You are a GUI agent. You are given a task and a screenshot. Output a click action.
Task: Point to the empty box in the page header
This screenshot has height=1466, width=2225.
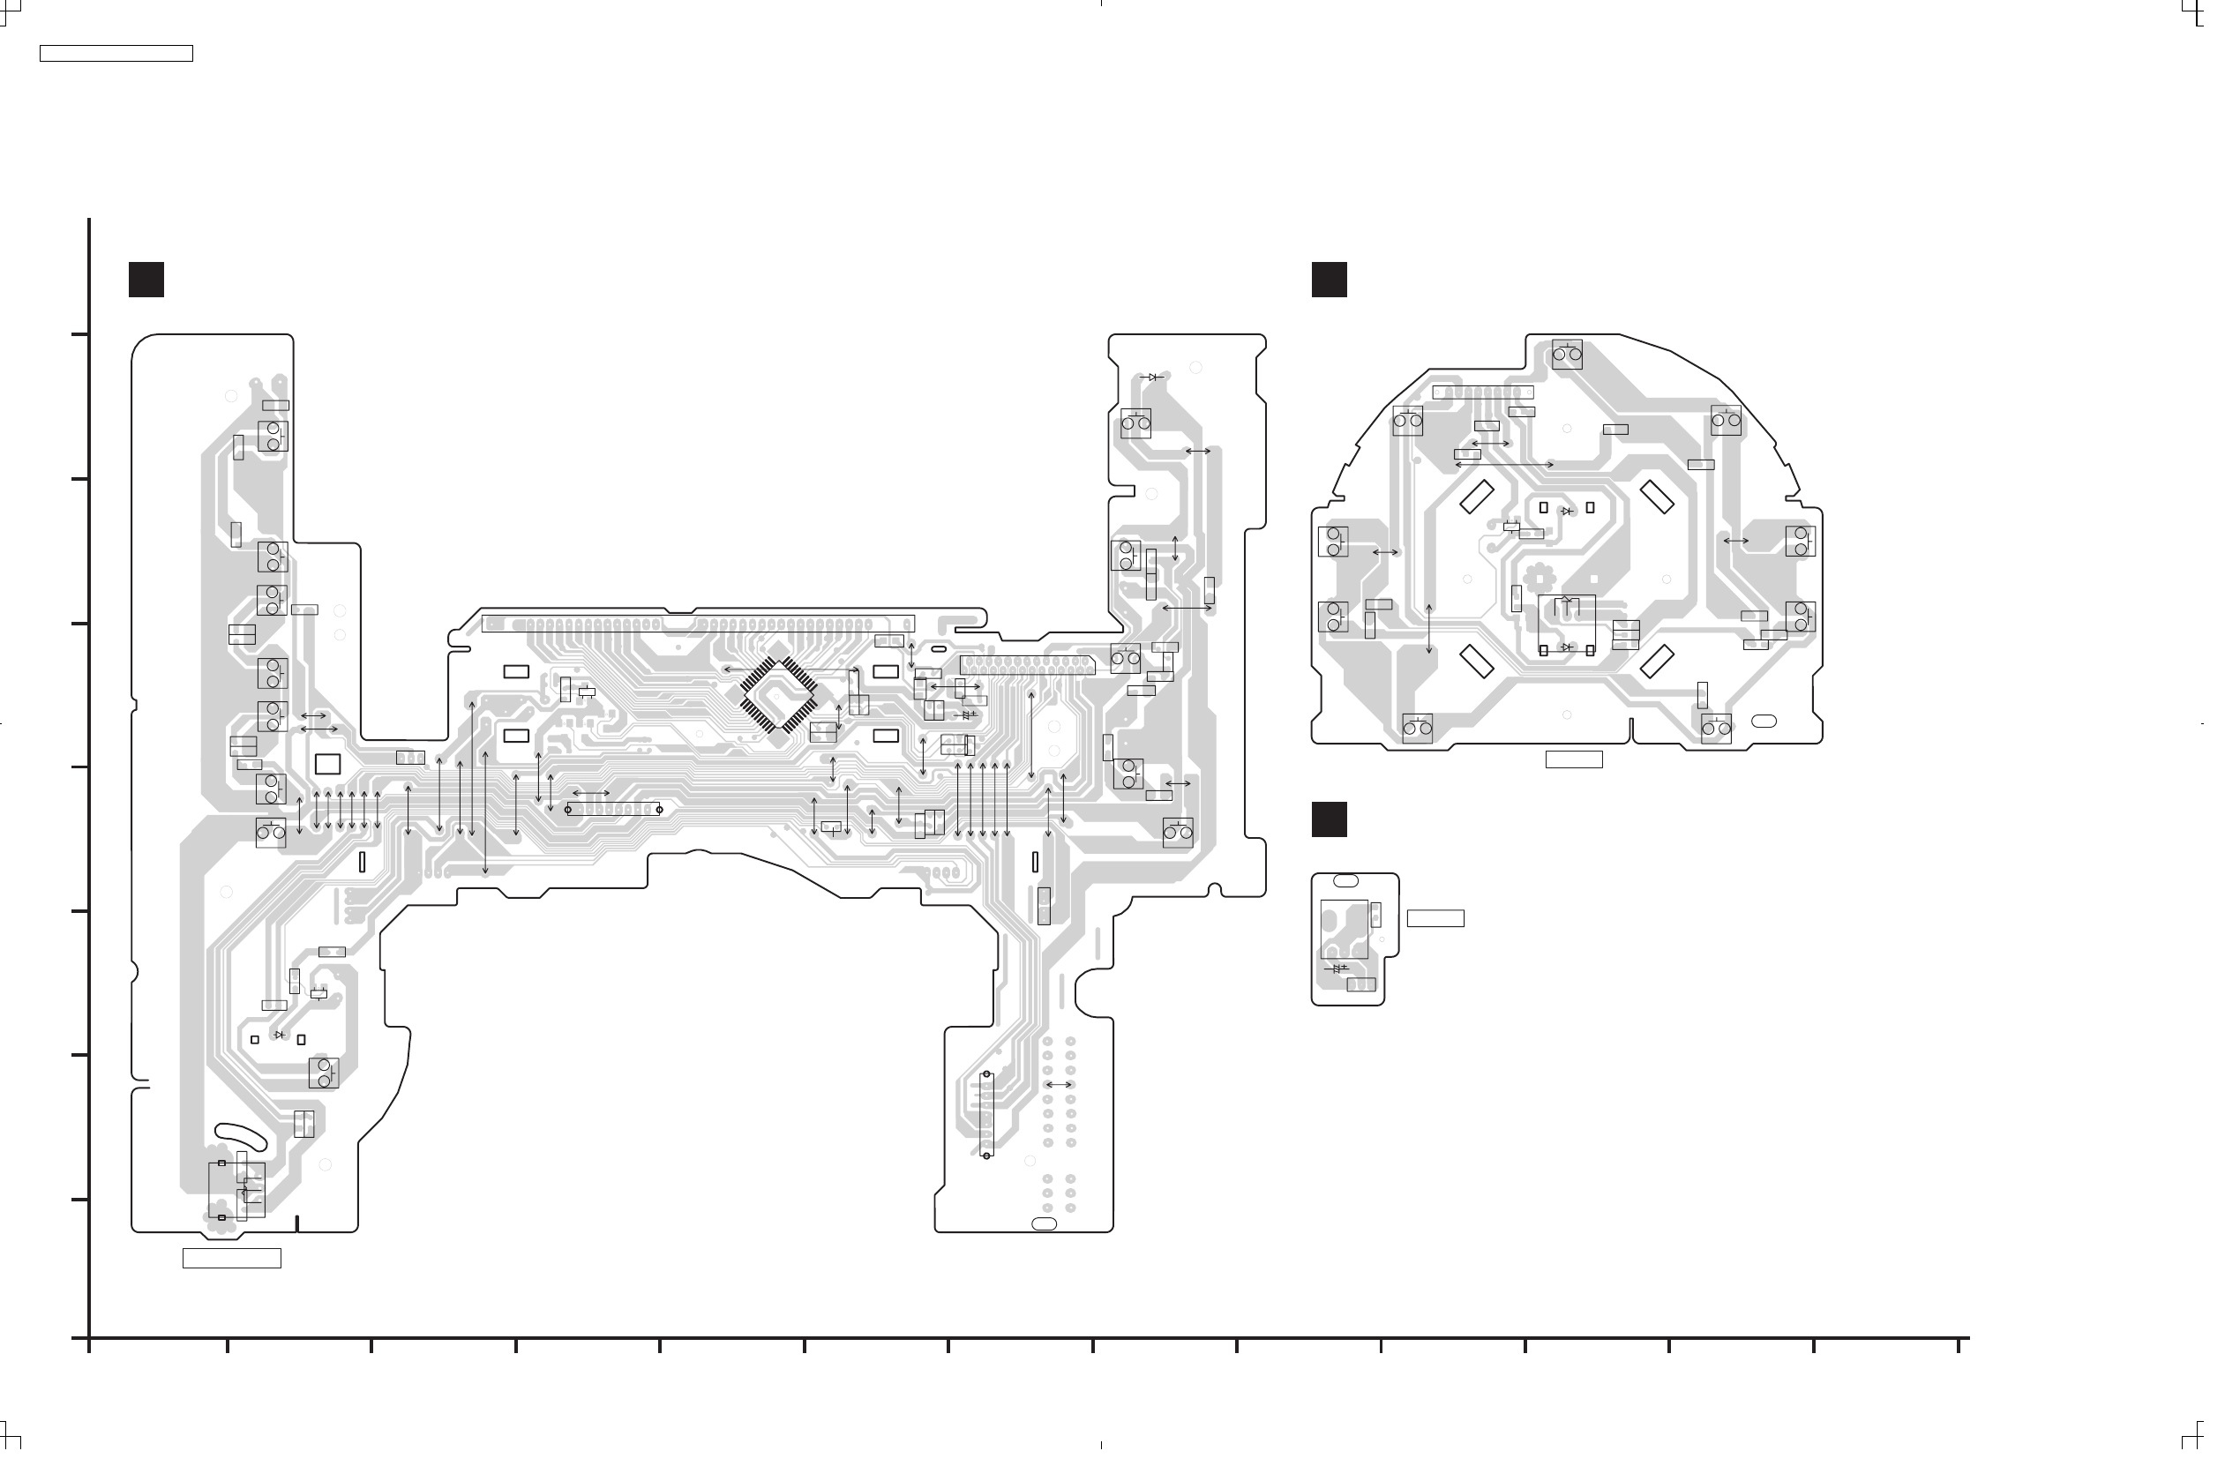(x=116, y=54)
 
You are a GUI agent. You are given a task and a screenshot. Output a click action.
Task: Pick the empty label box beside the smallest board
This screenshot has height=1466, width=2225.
(x=1448, y=926)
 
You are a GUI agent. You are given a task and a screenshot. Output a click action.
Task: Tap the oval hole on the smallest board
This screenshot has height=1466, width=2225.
(x=1357, y=889)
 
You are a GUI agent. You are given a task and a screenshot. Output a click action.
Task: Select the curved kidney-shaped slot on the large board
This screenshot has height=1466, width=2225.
(x=242, y=1145)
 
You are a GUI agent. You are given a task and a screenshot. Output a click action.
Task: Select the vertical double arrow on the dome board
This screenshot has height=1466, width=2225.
(x=1442, y=635)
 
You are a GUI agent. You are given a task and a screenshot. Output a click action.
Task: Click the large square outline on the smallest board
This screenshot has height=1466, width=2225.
(x=1357, y=937)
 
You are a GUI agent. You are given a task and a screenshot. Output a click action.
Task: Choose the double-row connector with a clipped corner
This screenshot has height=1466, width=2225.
(x=1036, y=672)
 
